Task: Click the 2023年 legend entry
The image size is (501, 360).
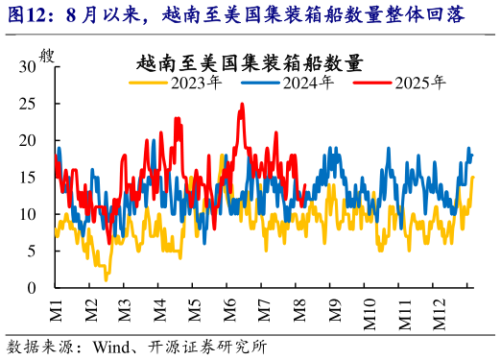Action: (196, 84)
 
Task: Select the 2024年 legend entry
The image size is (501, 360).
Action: (307, 84)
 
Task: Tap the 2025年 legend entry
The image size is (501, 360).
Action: (419, 84)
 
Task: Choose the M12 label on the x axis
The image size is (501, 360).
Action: (441, 313)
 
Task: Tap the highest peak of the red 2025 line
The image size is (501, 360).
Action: (241, 105)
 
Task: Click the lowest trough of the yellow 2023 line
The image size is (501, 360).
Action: (106, 279)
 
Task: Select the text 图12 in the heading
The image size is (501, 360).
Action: (26, 13)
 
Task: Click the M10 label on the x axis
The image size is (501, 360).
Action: (370, 313)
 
